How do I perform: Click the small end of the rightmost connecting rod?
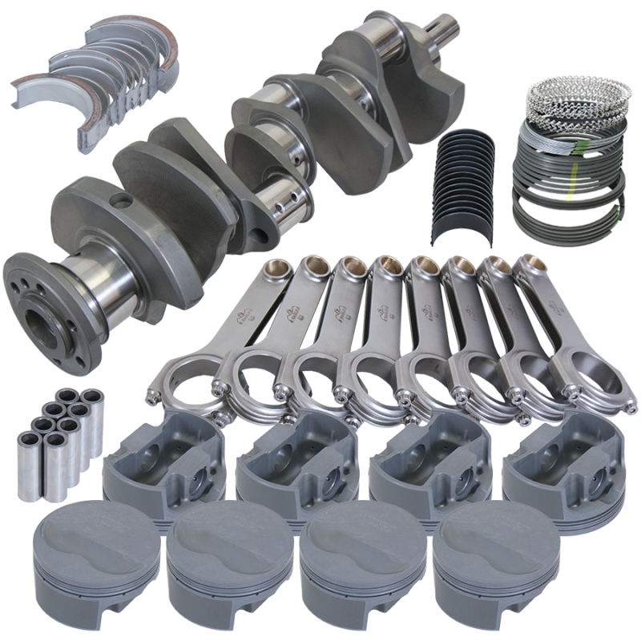click(529, 268)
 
